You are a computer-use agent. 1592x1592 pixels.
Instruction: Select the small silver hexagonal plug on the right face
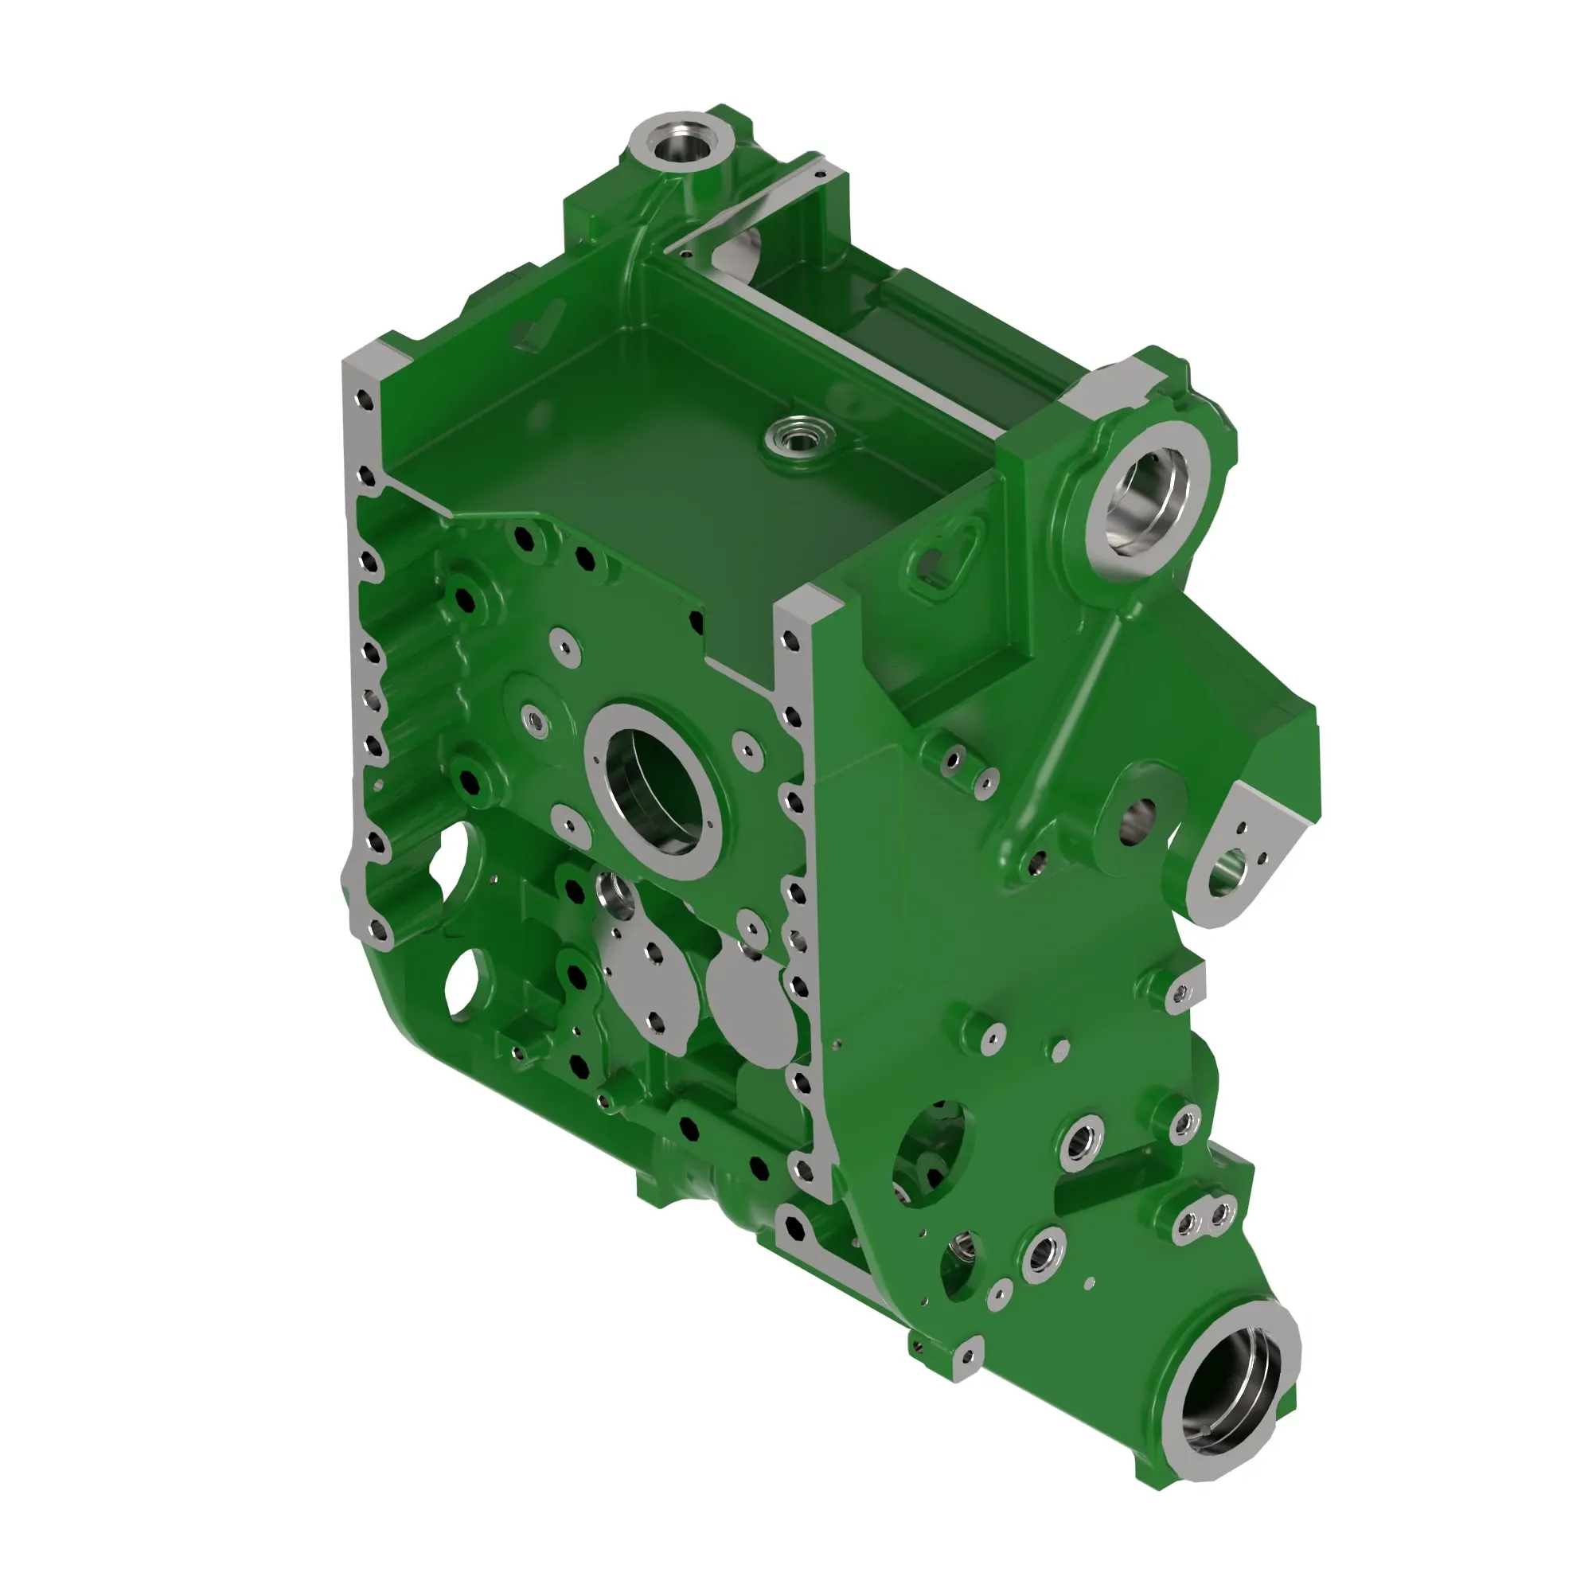1060,1049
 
